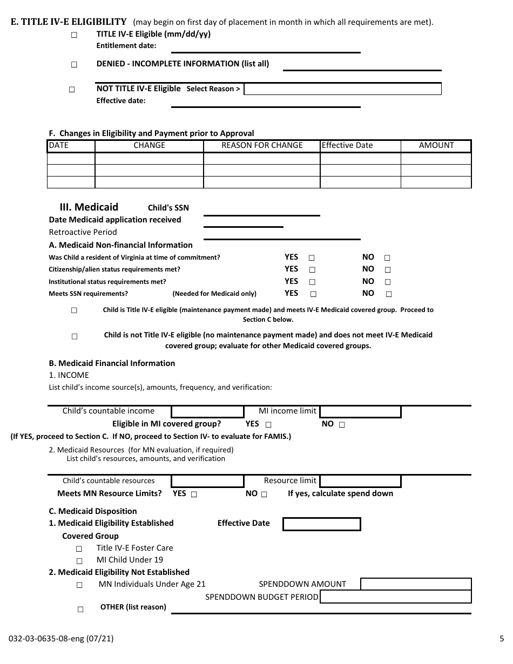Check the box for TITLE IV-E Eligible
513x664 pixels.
tap(74, 35)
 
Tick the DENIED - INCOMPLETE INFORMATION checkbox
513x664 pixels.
tap(74, 64)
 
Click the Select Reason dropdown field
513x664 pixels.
tap(342, 89)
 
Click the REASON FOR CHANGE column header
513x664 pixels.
tap(262, 145)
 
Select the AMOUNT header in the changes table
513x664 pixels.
tap(436, 145)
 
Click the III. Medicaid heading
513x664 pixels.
tap(89, 207)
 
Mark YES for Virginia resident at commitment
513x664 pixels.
tap(312, 258)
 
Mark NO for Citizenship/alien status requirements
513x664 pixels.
tap(387, 269)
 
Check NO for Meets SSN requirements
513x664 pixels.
tap(389, 294)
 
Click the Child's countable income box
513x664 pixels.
tap(207, 412)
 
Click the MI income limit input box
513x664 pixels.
tap(360, 412)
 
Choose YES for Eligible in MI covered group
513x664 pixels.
tap(268, 425)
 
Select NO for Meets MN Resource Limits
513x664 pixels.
tap(264, 494)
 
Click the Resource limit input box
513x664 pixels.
tap(360, 481)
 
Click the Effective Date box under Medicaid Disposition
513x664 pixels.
tap(321, 524)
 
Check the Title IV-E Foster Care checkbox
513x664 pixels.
tap(79, 548)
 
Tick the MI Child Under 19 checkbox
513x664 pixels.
tap(79, 561)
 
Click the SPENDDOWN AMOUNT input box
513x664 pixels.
tap(415, 584)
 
